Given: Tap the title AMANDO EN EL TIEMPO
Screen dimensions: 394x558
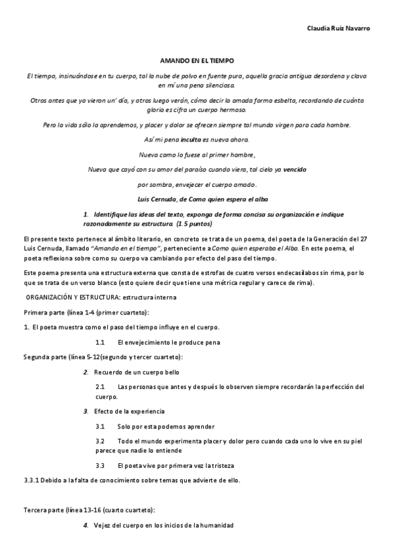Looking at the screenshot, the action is point(197,59).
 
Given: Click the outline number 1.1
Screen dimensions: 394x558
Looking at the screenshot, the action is point(100,342).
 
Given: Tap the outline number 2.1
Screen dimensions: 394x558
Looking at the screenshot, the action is point(100,387).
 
